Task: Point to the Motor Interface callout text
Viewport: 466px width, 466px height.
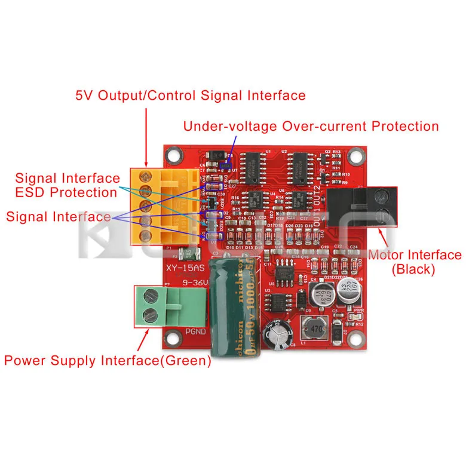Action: pyautogui.click(x=415, y=256)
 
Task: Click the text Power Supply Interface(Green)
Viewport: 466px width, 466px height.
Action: pyautogui.click(x=108, y=361)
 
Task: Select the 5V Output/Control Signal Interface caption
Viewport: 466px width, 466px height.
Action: pyautogui.click(x=191, y=96)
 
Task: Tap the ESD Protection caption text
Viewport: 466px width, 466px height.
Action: pyautogui.click(x=66, y=192)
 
